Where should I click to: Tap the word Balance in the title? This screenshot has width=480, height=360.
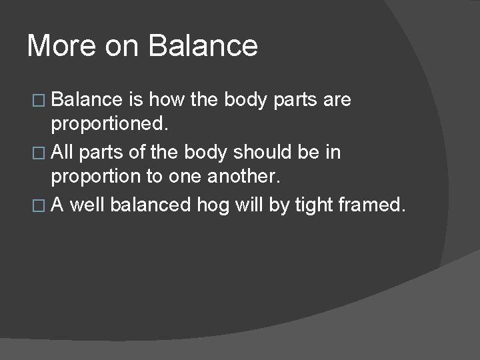203,46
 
